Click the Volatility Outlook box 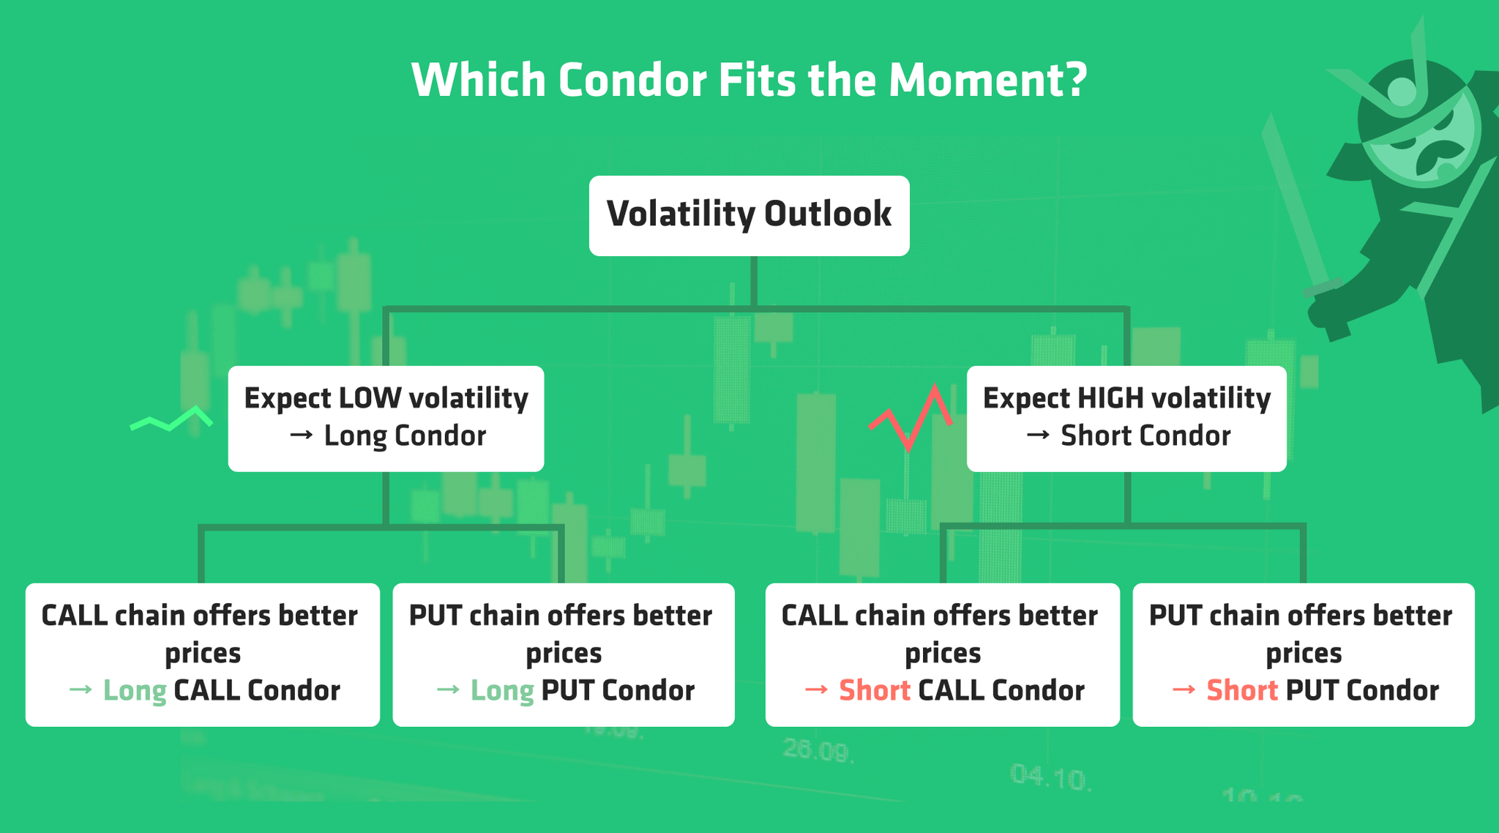(749, 215)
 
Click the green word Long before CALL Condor (135, 690)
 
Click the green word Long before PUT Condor (502, 690)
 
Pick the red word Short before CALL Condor (875, 690)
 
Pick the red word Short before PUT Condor (1242, 690)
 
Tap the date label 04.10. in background (1051, 777)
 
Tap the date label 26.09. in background (817, 750)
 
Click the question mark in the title (1074, 80)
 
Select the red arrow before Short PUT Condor (1184, 690)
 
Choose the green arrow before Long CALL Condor (81, 690)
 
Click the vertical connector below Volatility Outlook (753, 281)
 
